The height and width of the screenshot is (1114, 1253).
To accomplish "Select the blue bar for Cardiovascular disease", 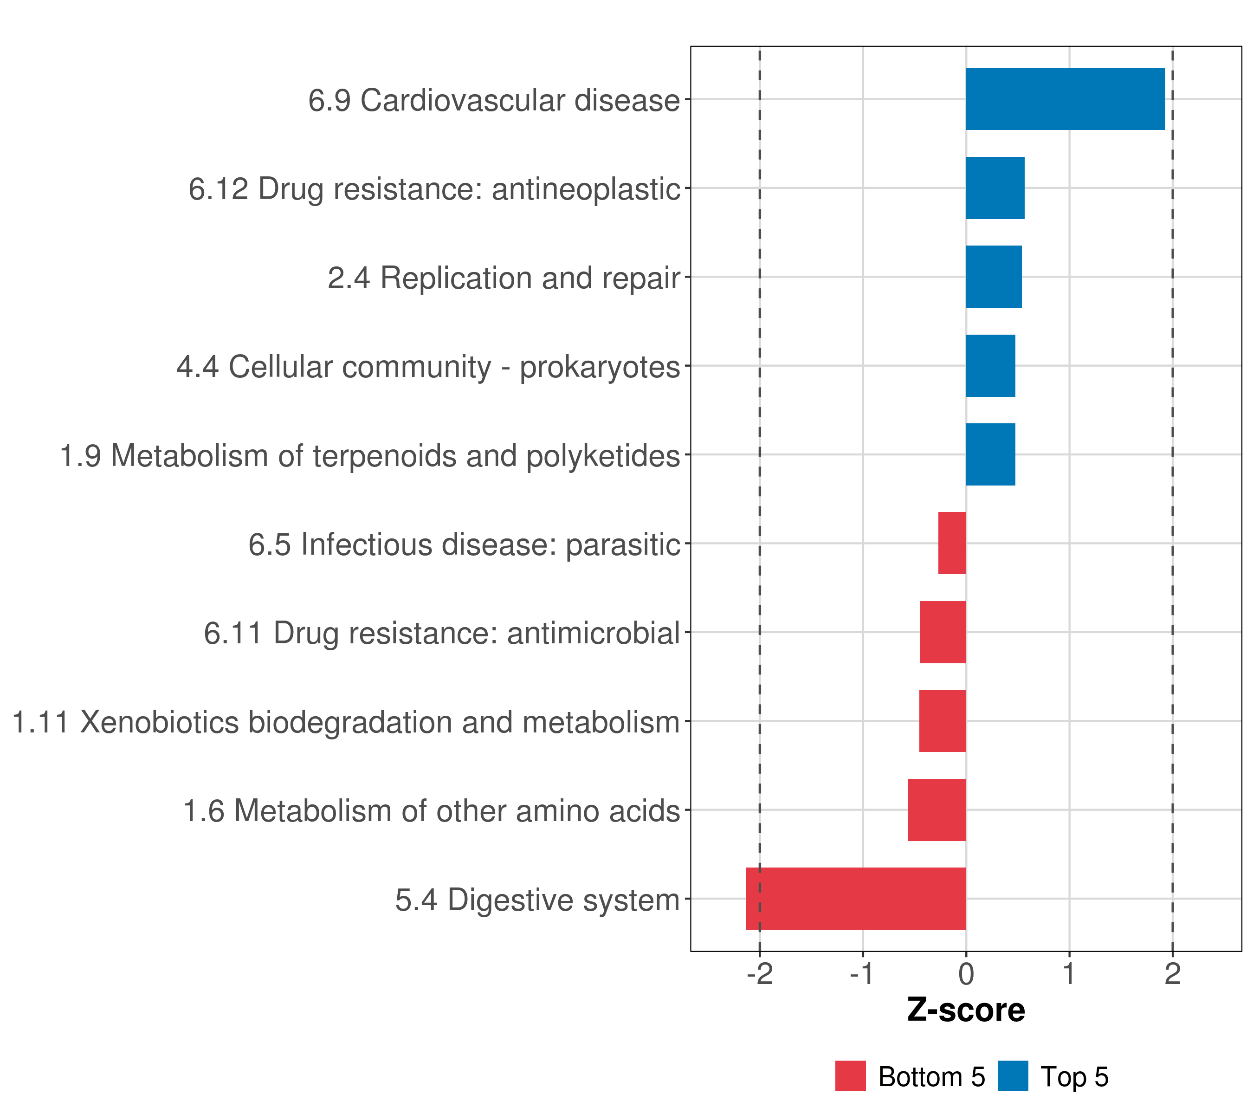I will [1065, 99].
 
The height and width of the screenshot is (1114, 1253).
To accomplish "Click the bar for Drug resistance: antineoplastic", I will [995, 188].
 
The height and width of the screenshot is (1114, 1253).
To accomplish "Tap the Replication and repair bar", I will [993, 277].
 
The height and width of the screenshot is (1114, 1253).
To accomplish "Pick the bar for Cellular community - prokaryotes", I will [990, 366].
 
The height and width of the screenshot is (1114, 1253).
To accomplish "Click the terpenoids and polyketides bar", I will [990, 454].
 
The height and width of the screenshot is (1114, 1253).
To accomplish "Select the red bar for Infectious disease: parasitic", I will [951, 543].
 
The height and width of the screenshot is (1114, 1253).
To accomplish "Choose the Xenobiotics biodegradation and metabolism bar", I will [942, 721].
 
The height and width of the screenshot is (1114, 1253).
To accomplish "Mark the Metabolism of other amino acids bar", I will [936, 810].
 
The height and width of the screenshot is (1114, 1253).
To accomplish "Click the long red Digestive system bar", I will [856, 899].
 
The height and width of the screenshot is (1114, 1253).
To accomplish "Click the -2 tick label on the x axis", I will [760, 975].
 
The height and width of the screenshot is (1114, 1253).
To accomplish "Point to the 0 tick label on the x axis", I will [966, 975].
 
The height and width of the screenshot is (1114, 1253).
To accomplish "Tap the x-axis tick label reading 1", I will [1069, 975].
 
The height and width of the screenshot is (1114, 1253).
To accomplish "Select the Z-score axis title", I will [966, 1010].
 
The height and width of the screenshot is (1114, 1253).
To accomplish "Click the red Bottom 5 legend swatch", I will [850, 1076].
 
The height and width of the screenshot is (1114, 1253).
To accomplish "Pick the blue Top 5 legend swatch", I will [1013, 1076].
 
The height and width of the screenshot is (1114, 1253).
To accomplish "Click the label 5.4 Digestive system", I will [537, 900].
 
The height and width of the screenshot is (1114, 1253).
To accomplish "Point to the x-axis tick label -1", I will [863, 975].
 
